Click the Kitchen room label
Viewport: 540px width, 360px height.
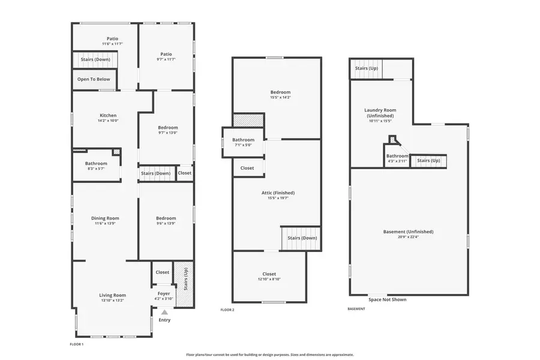[108, 116]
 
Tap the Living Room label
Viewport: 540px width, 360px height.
[112, 295]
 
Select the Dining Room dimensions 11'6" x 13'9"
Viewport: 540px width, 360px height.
[106, 224]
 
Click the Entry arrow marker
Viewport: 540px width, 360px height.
[164, 312]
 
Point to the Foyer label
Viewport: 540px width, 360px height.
[163, 293]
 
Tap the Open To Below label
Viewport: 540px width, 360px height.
[94, 79]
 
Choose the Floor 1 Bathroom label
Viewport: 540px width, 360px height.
[96, 163]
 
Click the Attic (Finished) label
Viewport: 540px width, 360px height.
[278, 193]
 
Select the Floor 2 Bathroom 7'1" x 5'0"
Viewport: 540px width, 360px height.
[244, 145]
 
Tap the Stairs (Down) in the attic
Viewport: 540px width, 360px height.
[302, 238]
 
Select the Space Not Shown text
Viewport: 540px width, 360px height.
[387, 299]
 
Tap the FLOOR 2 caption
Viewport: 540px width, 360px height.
[227, 310]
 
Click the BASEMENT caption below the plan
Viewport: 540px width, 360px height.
[356, 309]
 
